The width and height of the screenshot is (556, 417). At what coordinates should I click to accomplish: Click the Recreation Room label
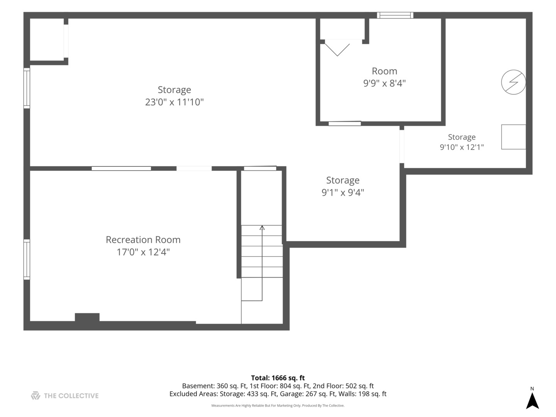coord(143,240)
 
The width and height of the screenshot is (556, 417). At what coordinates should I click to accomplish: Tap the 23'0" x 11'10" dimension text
coord(174,102)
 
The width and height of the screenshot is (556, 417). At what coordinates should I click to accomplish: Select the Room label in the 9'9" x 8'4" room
coord(384,71)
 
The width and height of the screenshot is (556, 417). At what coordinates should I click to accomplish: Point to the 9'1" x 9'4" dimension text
coord(343,192)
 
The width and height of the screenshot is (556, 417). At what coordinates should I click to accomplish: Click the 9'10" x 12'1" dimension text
coord(462,147)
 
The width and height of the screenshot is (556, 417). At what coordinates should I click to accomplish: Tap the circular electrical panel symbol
coord(514,82)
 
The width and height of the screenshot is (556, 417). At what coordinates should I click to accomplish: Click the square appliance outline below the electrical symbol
coord(514,137)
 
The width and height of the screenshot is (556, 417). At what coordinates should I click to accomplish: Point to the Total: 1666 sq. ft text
coord(278,378)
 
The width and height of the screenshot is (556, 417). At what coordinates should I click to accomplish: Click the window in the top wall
coord(395,15)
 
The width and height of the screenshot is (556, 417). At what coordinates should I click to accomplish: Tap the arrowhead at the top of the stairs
coord(262,227)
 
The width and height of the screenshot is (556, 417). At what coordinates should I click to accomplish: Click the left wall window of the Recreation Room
coord(27,259)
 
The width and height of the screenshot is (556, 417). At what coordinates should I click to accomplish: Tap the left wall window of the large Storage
coord(27,88)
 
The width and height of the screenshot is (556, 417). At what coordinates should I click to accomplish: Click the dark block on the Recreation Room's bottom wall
coord(87,317)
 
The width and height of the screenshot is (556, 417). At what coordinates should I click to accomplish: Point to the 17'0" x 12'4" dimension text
coord(143,252)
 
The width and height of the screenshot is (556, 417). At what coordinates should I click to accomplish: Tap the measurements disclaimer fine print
coord(278,405)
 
